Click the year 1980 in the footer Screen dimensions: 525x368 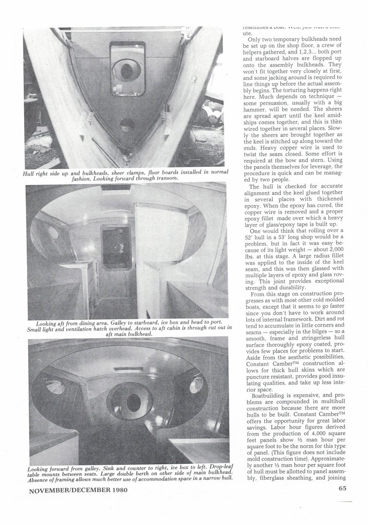pos(116,490)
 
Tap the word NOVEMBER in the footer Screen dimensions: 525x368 pos(47,490)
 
